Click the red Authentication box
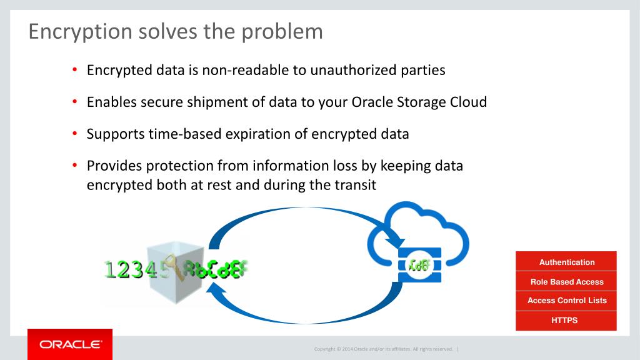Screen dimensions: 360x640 (x=566, y=262)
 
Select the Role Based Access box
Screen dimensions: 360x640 (x=566, y=282)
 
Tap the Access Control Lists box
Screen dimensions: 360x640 (x=566, y=301)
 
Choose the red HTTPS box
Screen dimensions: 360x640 (x=566, y=321)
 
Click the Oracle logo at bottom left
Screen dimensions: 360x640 (x=70, y=344)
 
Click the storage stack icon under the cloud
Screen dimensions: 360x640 (x=419, y=265)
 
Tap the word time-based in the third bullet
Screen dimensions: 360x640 (x=183, y=134)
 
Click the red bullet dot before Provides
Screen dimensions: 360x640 (x=74, y=166)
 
